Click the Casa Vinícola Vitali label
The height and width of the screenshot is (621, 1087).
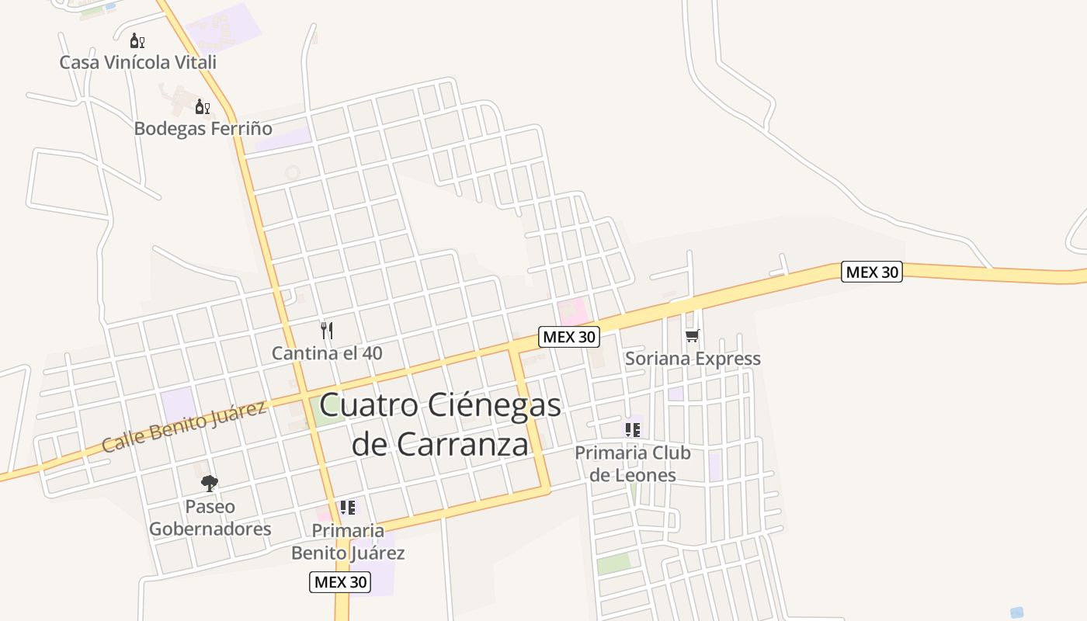point(138,62)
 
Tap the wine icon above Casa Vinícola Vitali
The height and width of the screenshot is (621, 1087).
point(137,41)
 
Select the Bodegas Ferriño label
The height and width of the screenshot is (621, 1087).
point(203,128)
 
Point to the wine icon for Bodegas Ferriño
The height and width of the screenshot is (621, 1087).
point(202,107)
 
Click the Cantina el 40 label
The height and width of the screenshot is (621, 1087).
point(327,353)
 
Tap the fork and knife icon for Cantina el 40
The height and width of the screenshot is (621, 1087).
point(327,331)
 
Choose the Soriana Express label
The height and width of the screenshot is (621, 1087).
point(693,359)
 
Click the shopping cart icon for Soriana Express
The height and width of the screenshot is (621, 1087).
point(692,336)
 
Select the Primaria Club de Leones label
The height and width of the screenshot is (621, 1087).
point(633,463)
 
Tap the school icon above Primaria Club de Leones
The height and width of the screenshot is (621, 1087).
point(632,430)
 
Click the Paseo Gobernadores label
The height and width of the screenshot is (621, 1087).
point(210,518)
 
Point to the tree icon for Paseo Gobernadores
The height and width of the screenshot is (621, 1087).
point(209,484)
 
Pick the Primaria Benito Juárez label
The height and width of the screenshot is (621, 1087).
point(348,542)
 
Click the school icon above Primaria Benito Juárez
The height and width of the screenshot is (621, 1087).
point(347,508)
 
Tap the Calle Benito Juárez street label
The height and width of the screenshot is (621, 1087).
point(183,428)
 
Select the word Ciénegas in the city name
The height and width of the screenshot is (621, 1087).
point(499,405)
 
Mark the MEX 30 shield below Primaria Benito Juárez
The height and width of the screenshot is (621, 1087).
point(340,582)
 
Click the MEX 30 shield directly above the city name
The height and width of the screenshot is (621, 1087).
point(569,337)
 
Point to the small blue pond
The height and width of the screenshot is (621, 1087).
point(1016,612)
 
